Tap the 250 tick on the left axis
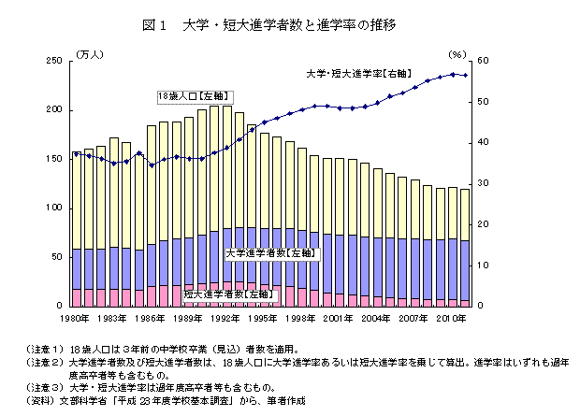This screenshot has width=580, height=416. [x=54, y=61]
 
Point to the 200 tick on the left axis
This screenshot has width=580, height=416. [x=54, y=109]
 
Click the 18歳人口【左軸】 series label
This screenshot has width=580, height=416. [x=194, y=95]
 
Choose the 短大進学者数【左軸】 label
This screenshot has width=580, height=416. [x=227, y=294]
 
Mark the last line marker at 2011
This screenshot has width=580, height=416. [x=465, y=75]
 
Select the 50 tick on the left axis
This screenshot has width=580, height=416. [x=57, y=256]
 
